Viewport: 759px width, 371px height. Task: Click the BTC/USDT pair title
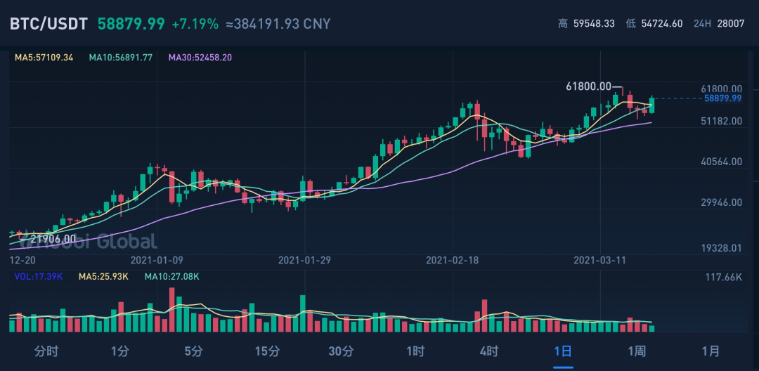point(48,24)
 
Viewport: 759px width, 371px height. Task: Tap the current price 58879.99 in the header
point(131,24)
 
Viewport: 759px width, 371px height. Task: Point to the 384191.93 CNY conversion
point(278,24)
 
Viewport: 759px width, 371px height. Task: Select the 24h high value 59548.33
point(594,24)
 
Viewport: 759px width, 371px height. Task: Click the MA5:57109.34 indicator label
point(44,58)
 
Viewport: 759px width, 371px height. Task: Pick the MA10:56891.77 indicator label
point(121,58)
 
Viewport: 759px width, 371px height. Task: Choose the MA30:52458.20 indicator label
point(200,58)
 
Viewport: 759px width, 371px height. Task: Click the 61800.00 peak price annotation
point(589,86)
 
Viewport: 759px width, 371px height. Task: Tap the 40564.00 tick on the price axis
point(722,162)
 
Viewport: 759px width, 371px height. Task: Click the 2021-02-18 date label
point(453,260)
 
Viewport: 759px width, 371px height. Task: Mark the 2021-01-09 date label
point(157,260)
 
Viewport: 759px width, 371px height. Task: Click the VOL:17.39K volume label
point(39,277)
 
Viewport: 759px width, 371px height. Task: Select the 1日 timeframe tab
point(563,351)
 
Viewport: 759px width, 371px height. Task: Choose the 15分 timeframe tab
point(267,351)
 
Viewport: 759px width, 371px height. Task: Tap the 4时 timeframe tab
point(489,351)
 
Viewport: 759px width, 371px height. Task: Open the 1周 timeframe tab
point(637,351)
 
